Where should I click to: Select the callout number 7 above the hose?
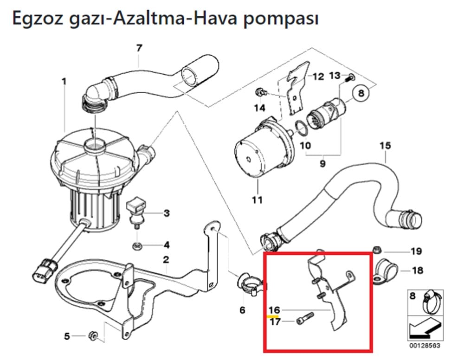139,47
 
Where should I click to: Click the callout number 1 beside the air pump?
64,82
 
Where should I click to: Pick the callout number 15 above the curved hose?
385,146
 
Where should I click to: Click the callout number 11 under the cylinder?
257,200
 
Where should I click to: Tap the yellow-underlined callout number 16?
274,309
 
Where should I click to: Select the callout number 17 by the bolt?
275,321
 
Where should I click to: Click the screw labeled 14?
261,93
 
